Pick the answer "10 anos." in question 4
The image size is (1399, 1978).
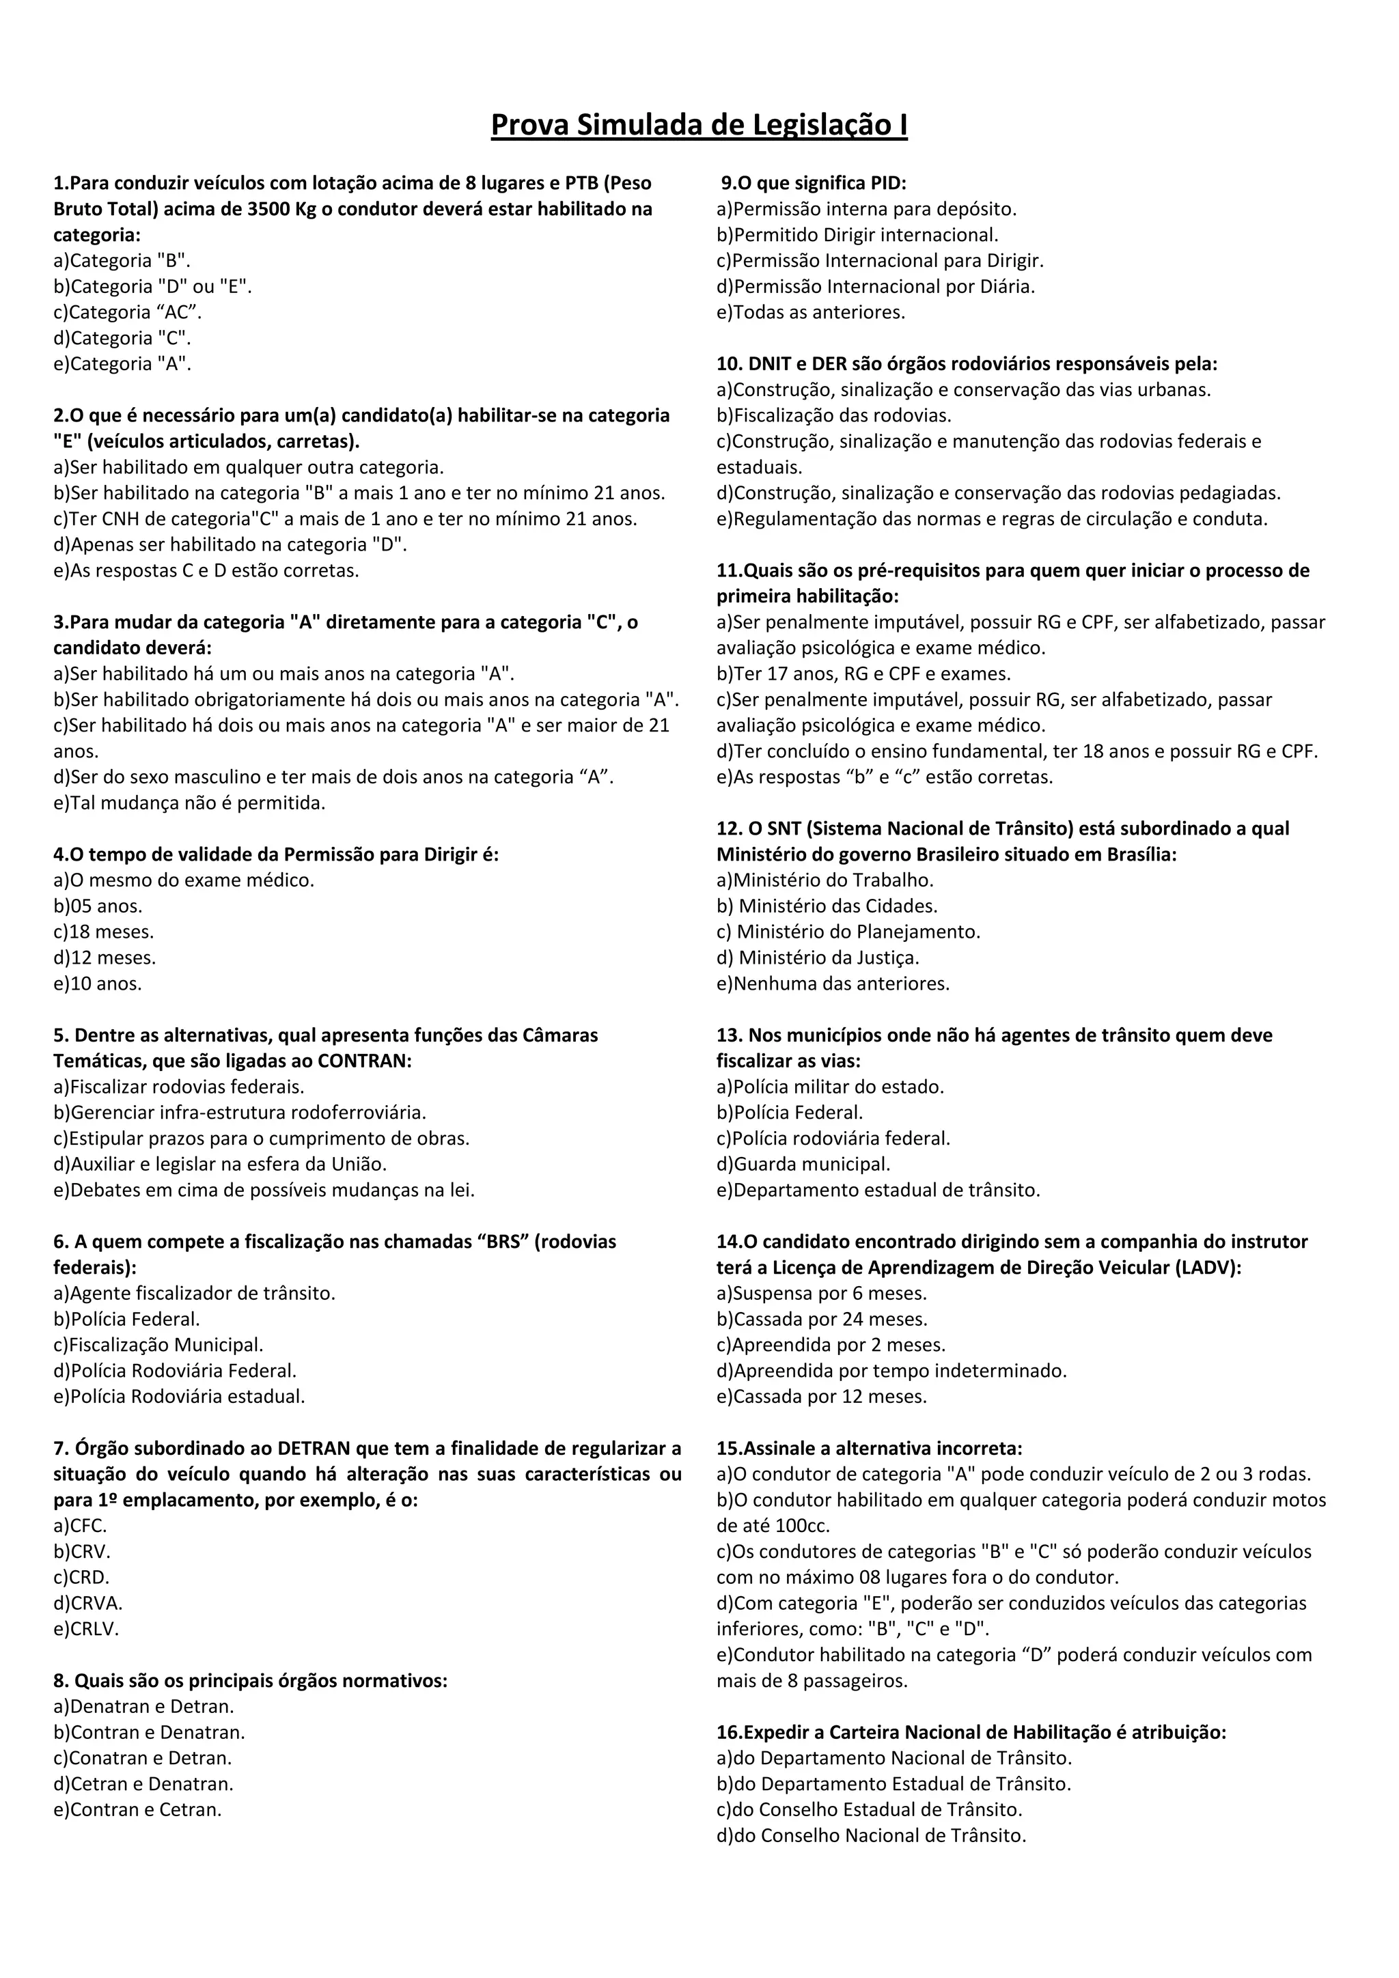point(98,983)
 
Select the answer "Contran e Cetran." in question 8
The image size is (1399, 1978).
point(138,1809)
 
